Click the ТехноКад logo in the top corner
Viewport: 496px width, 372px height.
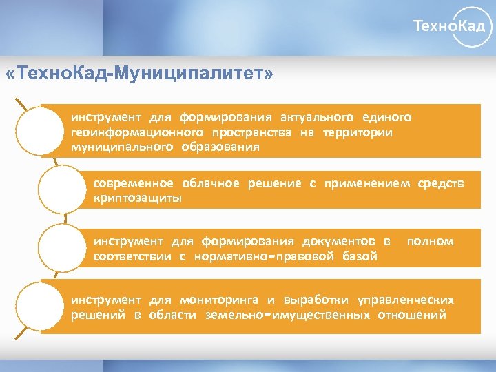click(453, 27)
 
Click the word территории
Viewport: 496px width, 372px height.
click(357, 132)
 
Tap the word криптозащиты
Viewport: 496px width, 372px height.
click(138, 198)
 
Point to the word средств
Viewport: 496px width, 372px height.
click(441, 183)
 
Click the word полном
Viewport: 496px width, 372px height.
click(431, 241)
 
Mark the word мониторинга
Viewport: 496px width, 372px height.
click(219, 300)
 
